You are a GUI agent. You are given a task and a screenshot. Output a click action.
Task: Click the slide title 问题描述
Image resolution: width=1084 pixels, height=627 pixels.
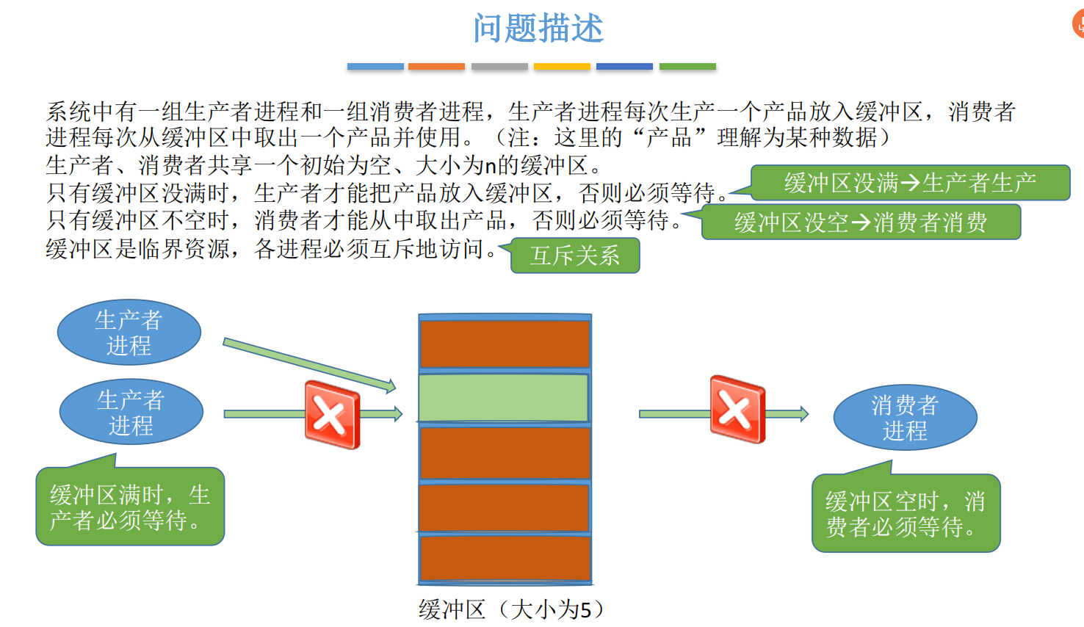point(538,29)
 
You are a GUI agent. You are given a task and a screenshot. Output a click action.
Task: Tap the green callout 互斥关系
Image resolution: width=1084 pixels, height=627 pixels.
point(575,255)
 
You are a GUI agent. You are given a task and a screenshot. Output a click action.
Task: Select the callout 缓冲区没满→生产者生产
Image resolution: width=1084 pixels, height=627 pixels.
point(910,183)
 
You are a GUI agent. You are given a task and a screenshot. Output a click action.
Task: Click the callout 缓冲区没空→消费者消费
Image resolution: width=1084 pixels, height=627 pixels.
point(861,222)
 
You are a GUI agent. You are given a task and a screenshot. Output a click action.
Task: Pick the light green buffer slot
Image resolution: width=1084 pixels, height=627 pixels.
point(504,397)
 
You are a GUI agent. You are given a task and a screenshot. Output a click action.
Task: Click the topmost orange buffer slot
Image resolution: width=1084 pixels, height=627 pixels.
point(505,343)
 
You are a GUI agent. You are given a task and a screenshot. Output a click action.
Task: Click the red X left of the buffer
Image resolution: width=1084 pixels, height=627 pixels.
point(332,414)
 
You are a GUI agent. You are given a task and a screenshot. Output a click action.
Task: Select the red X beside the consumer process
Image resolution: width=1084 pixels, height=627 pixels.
point(737,410)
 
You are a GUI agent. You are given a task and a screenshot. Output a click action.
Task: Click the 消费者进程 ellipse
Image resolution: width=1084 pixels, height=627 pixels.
point(905,417)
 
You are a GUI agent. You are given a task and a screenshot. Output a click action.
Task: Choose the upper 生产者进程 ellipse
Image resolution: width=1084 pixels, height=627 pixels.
point(129,332)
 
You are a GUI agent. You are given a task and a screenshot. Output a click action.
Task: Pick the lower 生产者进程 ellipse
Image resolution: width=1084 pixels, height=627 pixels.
point(131,412)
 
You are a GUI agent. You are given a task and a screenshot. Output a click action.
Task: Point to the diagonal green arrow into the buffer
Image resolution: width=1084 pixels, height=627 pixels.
point(308,363)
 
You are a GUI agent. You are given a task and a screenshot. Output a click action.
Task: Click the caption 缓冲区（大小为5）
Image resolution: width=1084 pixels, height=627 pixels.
point(511,609)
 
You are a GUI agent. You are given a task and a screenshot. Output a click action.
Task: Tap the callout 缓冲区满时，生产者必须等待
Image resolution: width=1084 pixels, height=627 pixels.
point(130,507)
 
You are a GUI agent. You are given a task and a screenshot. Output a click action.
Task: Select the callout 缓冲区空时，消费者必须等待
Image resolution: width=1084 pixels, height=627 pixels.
point(906,514)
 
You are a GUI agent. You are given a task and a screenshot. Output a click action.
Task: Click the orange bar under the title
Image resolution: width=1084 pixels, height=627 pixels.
point(436,67)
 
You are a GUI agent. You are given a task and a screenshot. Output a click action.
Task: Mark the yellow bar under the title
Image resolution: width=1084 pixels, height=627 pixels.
point(562,67)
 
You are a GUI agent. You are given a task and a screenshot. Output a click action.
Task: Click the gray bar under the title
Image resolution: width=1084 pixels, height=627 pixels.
point(499,67)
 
